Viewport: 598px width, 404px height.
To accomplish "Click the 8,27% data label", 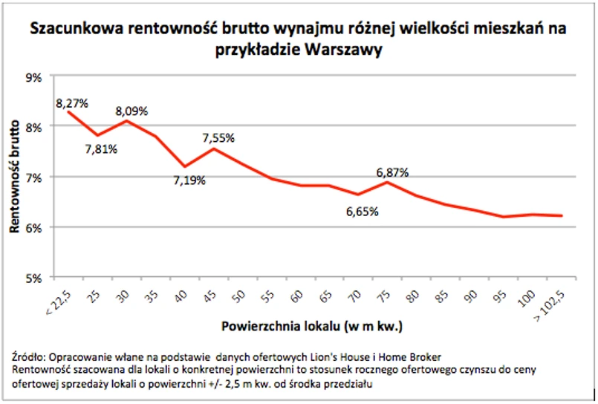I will tap(71, 101).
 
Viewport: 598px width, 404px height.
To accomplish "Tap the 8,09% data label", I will tap(131, 111).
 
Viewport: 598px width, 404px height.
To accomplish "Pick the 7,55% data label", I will tap(218, 137).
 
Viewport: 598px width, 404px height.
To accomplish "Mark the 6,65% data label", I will tap(363, 212).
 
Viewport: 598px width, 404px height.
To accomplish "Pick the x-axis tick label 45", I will tap(212, 295).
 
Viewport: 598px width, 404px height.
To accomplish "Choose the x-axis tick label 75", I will tap(385, 295).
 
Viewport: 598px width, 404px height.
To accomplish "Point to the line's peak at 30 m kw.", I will tap(126, 120).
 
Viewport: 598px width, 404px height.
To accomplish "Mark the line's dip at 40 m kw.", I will tap(184, 166).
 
